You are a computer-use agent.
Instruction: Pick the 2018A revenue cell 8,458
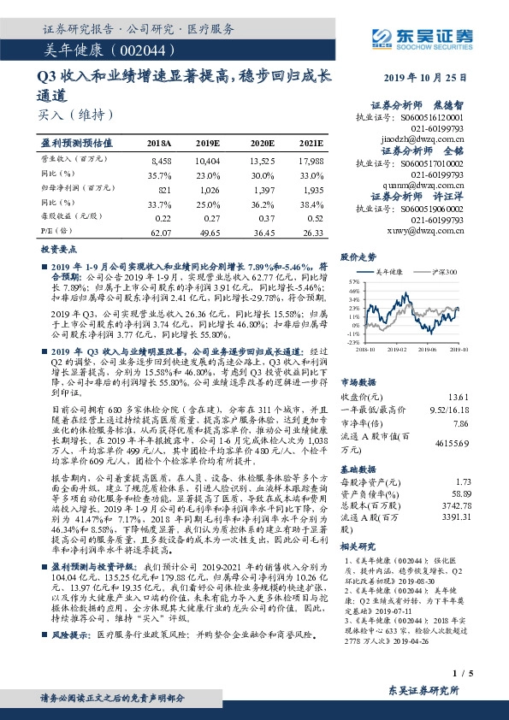(161, 160)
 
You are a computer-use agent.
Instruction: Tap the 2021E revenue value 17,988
(311, 160)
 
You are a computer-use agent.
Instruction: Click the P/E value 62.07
(161, 232)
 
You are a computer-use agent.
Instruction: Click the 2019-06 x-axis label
(429, 348)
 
